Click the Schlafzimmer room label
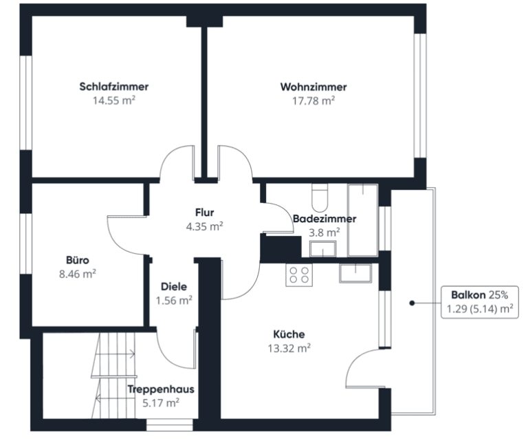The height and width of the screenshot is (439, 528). pos(114,87)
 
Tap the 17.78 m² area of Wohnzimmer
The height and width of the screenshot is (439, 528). pos(313,100)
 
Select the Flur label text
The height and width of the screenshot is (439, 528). pos(204,213)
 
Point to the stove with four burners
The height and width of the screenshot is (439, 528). pos(299,275)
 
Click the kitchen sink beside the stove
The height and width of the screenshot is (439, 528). pos(355,273)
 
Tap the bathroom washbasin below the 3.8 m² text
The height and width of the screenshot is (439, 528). pos(323,248)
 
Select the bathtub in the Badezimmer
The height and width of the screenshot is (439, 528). pos(363,220)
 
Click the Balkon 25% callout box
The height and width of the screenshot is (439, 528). pos(480,302)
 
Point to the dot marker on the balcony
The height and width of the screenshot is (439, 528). pos(412,303)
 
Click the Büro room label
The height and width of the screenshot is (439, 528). pos(78,260)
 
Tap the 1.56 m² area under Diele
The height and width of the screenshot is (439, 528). pos(174,301)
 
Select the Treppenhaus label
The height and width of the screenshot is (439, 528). pos(161,389)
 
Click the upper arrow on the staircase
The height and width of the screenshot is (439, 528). pos(115,354)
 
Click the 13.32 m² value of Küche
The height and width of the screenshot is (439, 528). pos(289,348)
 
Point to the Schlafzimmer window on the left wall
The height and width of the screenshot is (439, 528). pos(26,103)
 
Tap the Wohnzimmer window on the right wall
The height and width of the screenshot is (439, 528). pos(420,96)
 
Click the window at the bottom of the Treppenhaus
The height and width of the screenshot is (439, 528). pos(170,425)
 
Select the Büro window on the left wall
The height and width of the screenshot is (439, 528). pos(26,244)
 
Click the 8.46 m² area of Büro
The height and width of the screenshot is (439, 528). pos(78,274)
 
